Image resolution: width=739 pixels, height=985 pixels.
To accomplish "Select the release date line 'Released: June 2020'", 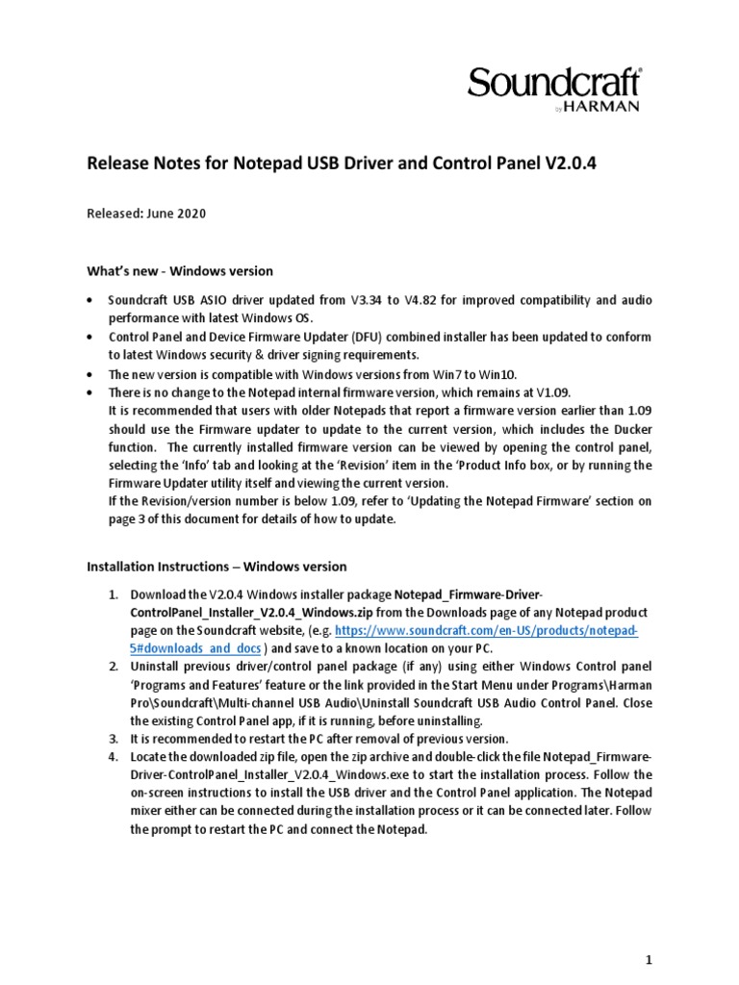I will click(146, 214).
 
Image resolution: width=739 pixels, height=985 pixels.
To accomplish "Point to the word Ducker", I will click(608, 429).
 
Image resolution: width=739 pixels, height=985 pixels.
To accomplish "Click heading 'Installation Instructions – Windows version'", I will click(217, 567).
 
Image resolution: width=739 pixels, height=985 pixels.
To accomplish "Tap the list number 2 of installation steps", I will click(113, 667).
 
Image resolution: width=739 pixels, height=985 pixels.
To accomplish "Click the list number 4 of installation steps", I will click(113, 757).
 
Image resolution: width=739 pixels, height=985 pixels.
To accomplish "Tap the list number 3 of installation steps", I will click(113, 739).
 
